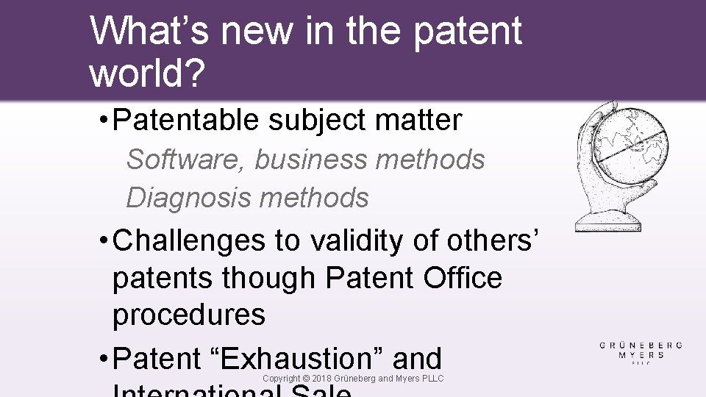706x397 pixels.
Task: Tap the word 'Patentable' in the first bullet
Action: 186,121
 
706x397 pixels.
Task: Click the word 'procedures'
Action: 189,315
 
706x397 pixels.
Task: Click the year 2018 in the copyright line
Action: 324,378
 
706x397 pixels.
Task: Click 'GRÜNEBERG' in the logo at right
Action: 641,345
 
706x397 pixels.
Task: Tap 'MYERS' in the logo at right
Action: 641,355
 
